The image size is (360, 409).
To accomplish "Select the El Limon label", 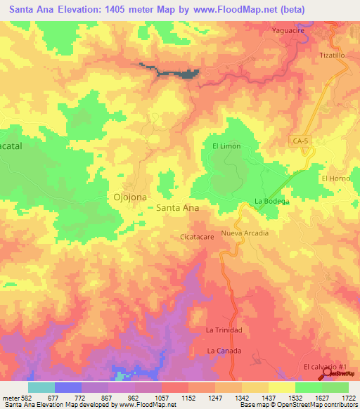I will pyautogui.click(x=226, y=145).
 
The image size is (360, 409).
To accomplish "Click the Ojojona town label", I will pyautogui.click(x=130, y=197).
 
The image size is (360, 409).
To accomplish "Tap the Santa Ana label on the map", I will pyautogui.click(x=177, y=208).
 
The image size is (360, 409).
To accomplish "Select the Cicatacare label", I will pyautogui.click(x=197, y=237).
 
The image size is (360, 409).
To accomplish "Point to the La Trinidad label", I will pyautogui.click(x=224, y=330).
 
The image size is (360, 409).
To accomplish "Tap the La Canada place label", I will pyautogui.click(x=224, y=351).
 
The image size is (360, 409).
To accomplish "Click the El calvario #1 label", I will pyautogui.click(x=326, y=368).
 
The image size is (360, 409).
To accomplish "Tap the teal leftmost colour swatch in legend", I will pyautogui.click(x=41, y=387).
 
